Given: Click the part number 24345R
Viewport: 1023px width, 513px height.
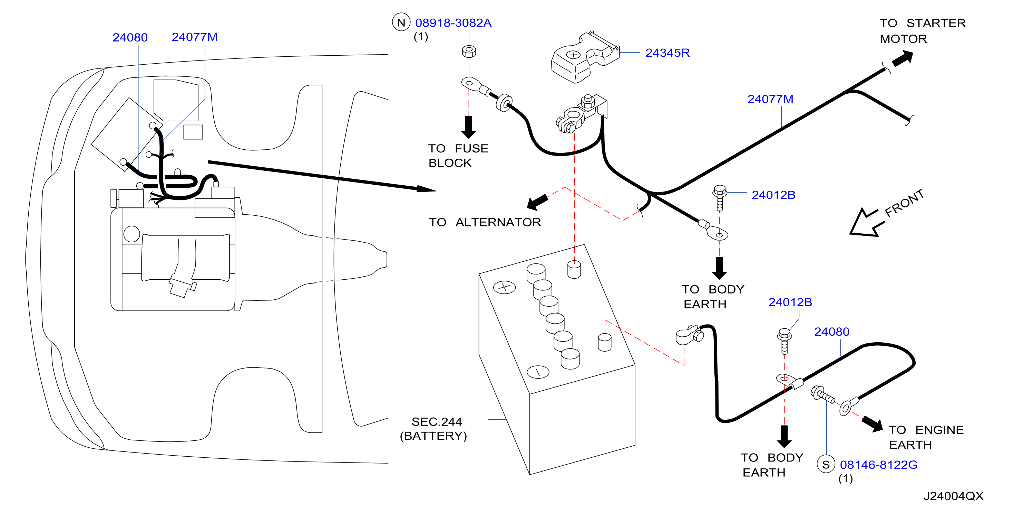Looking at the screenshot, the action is coord(667,53).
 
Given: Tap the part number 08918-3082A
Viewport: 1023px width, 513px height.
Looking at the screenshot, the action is coord(453,23).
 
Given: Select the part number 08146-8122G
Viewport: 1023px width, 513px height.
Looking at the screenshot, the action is coord(878,465).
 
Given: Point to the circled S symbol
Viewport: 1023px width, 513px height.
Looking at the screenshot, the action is coord(826,464).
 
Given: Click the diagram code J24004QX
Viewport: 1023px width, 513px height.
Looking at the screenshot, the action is coord(953,496).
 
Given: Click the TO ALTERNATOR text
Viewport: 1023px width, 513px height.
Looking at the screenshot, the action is coord(485,222).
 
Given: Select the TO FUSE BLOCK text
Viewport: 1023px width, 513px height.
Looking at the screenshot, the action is coord(458,156).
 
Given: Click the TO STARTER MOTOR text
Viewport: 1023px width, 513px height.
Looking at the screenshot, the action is coord(923,31).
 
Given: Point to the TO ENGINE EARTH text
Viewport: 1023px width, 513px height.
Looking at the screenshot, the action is coord(926,437).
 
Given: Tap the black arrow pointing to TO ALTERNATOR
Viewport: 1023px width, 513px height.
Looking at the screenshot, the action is coord(537,202).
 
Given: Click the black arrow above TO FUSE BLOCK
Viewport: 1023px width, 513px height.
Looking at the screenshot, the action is coord(469,127).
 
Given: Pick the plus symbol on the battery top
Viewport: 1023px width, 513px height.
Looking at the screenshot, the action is coord(504,287).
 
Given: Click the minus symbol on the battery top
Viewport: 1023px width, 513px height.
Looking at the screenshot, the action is coord(538,372).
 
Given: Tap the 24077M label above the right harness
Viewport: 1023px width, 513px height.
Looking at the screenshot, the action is coord(770,99).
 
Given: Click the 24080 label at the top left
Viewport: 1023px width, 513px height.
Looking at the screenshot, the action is coord(130,37).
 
